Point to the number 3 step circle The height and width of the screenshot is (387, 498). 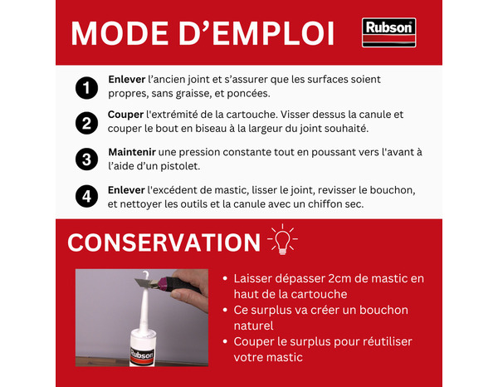85,159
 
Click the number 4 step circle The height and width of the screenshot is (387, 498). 85,197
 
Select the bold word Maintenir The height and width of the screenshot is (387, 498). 135,152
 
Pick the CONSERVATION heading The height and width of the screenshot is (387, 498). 164,242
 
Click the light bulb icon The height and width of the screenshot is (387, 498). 282,240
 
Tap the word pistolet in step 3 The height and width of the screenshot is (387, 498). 176,166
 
